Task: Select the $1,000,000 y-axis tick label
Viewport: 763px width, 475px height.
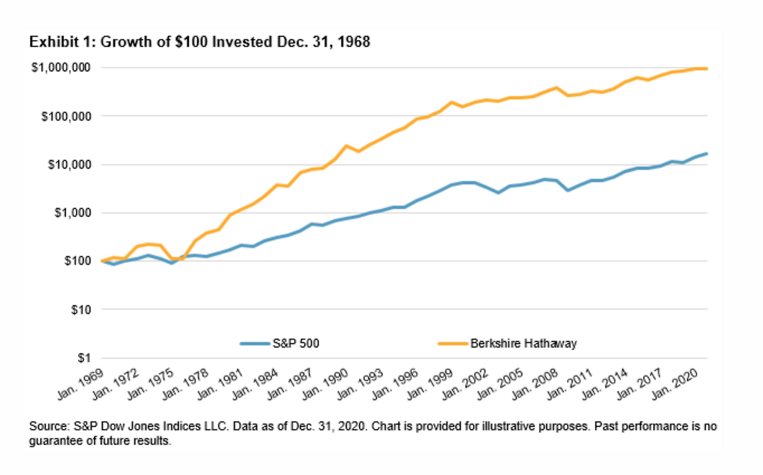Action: click(61, 67)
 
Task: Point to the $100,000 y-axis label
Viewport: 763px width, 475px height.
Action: click(65, 116)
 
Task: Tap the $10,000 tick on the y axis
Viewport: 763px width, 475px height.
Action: click(67, 164)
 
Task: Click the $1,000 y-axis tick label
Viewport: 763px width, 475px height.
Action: click(70, 213)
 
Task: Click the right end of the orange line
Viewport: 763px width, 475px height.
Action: click(707, 69)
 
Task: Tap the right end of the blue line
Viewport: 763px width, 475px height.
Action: click(707, 154)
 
